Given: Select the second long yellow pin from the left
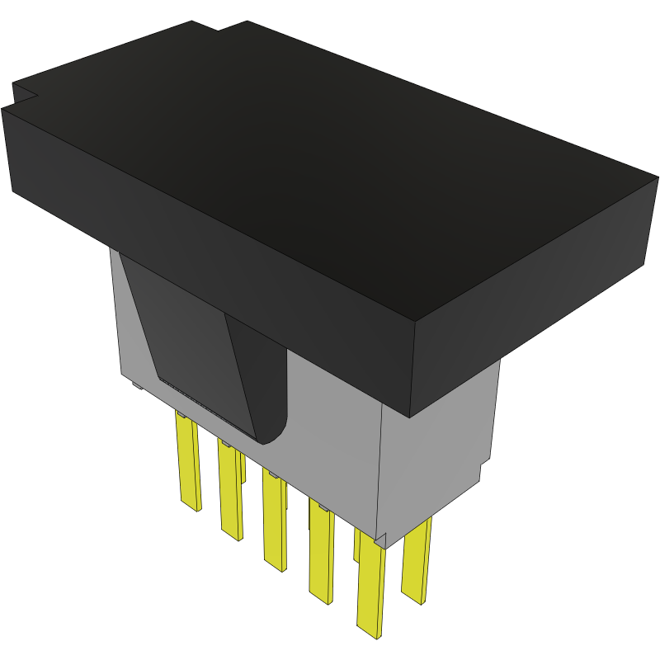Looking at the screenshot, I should [230, 491].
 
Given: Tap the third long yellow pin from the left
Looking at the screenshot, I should [275, 520].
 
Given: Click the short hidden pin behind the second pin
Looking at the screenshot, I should [242, 467].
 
